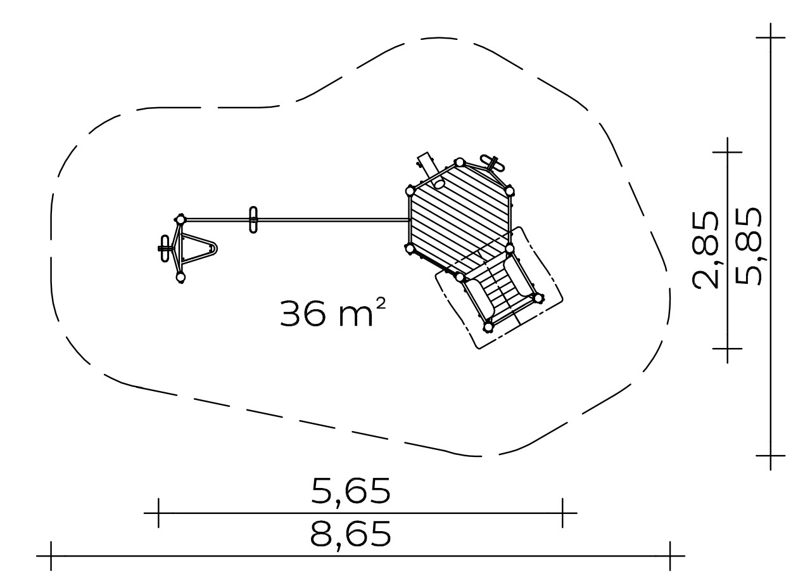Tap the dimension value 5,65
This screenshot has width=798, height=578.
[351, 491]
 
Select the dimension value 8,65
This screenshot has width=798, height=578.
[351, 534]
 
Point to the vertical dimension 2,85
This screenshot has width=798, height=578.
[706, 250]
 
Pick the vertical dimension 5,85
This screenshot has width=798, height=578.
[748, 246]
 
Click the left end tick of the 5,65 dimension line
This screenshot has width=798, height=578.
[158, 513]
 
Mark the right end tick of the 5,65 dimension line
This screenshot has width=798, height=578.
[562, 513]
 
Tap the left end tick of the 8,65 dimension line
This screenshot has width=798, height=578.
[51, 556]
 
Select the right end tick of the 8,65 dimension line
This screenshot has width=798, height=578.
[670, 556]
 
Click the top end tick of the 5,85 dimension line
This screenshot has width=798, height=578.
[771, 37]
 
